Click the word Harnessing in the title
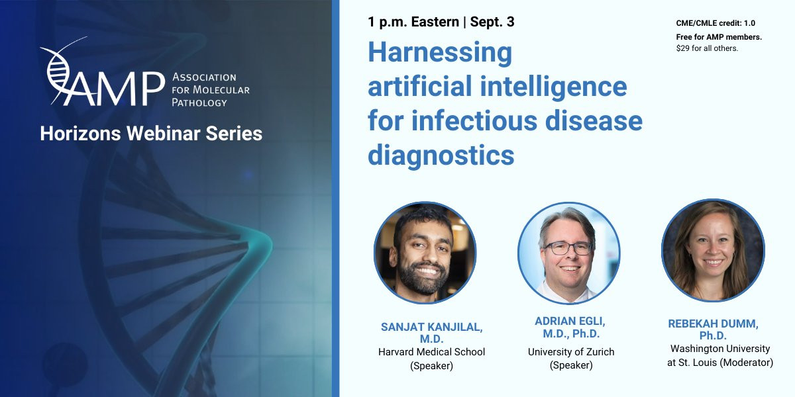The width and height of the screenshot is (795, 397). (x=440, y=53)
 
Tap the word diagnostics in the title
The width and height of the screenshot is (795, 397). (x=441, y=156)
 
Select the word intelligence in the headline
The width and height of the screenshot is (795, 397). (x=553, y=87)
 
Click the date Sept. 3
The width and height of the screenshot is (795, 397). (x=492, y=22)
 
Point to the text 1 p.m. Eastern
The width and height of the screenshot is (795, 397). (x=413, y=22)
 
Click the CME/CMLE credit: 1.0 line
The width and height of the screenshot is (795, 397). (x=715, y=23)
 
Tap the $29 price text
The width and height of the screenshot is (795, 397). (x=682, y=48)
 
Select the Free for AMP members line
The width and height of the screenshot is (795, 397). (x=719, y=37)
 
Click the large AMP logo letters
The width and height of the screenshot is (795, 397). (x=114, y=89)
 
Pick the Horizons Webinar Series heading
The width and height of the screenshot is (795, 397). (x=151, y=134)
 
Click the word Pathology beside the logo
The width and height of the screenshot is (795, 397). (x=199, y=103)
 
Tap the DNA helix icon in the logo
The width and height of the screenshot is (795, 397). (x=58, y=71)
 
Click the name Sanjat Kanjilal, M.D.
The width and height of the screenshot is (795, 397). (x=431, y=333)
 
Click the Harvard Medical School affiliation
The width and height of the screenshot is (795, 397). (x=431, y=352)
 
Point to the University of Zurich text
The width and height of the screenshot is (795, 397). (x=571, y=352)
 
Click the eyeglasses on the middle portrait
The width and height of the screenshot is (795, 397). (x=568, y=248)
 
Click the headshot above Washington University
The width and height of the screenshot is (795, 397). (x=713, y=250)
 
